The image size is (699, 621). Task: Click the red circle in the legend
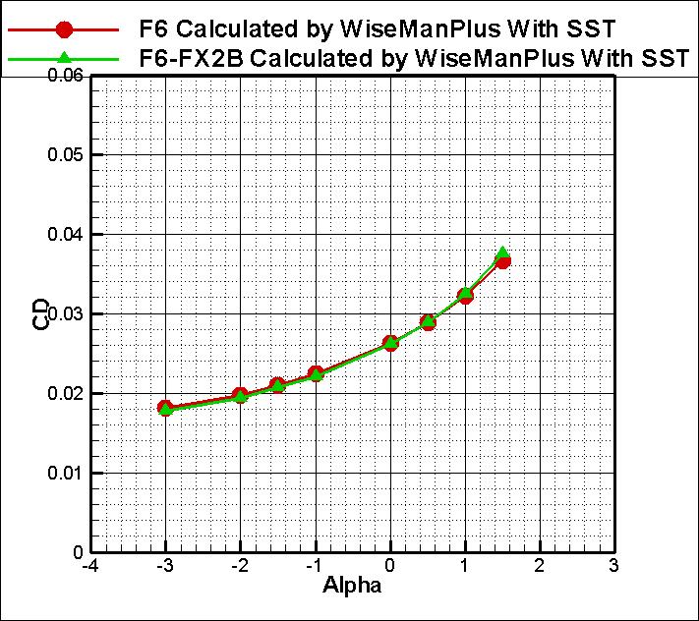point(64,28)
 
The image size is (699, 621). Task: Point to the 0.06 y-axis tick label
point(65,76)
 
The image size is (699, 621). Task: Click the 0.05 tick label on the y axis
point(65,155)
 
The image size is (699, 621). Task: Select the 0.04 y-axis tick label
point(65,235)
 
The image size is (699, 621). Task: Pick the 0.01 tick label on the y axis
point(65,473)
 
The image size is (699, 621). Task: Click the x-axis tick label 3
point(613,566)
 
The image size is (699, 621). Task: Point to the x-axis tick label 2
point(539,566)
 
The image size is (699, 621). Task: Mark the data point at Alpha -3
point(165,408)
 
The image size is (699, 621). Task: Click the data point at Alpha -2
point(240,396)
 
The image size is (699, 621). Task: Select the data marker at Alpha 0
point(390,343)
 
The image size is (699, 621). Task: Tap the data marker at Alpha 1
point(465,295)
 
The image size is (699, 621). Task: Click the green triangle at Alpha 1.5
point(502,254)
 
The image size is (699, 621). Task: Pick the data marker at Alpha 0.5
point(428,321)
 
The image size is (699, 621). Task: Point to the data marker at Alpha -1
point(316,373)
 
